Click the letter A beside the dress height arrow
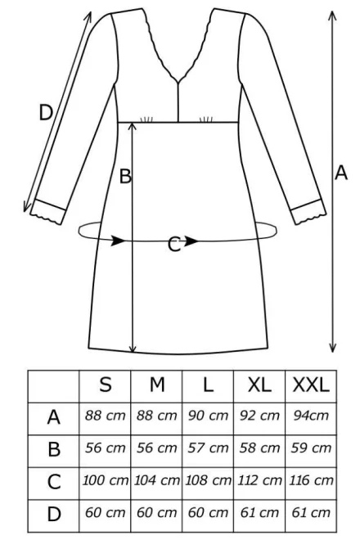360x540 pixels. coord(340,173)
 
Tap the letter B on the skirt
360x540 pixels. coord(125,176)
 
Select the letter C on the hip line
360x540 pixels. coord(174,245)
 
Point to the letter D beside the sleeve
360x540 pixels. coord(46,113)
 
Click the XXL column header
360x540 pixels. coord(311,385)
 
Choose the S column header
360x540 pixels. coord(106,385)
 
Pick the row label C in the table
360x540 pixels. coord(54,482)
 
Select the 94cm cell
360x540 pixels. coord(311,416)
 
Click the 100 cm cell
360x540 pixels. coord(105,480)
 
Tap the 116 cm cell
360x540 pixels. coord(311,480)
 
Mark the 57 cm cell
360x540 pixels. coord(208,448)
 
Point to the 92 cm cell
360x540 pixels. coord(259,416)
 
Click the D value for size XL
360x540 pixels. coord(259,512)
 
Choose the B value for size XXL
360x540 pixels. coord(311,448)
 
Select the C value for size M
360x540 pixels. coord(157,480)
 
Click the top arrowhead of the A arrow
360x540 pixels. coord(332,16)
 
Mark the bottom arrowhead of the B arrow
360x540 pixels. coord(133,349)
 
